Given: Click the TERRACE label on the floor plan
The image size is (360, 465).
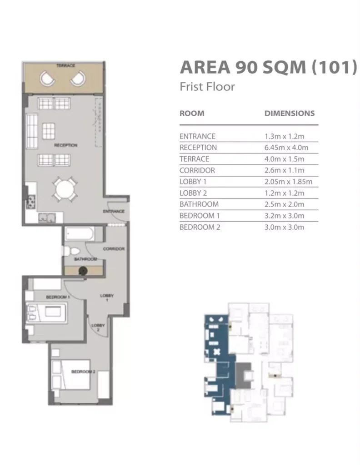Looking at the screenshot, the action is pos(65,65).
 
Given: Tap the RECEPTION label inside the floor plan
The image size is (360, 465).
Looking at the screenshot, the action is pos(65,145).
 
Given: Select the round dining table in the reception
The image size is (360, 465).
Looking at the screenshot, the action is pos(65,189).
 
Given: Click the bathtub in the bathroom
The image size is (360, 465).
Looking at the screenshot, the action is pos(80,234).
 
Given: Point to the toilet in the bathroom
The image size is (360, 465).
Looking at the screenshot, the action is pos(71,251).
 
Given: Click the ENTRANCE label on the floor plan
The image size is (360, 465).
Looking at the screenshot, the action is pos(113,211).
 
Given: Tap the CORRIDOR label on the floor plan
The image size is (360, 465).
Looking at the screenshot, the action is pos(114,248).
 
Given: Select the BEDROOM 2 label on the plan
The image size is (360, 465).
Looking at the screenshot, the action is pos(83,371).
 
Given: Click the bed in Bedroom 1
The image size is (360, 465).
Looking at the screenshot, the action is pos(47,312).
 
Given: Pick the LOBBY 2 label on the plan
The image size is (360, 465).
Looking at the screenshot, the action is pos(98,327).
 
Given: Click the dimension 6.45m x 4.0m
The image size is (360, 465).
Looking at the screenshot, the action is pos(286,148).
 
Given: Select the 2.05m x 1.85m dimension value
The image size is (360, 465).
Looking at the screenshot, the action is pos(288,182).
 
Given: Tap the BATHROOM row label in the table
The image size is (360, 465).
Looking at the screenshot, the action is pos(199,204).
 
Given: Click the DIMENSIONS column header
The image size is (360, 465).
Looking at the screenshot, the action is pos(290,113).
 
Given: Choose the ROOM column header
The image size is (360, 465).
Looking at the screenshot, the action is pos(192,113).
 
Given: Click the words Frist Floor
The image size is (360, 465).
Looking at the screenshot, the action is pos(207,87).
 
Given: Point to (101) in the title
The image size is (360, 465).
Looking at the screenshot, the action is pos(334,67).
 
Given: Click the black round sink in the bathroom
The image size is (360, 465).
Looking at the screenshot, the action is pos(83,271).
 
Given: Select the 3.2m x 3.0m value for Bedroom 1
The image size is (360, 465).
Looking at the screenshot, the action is pos(285,216).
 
